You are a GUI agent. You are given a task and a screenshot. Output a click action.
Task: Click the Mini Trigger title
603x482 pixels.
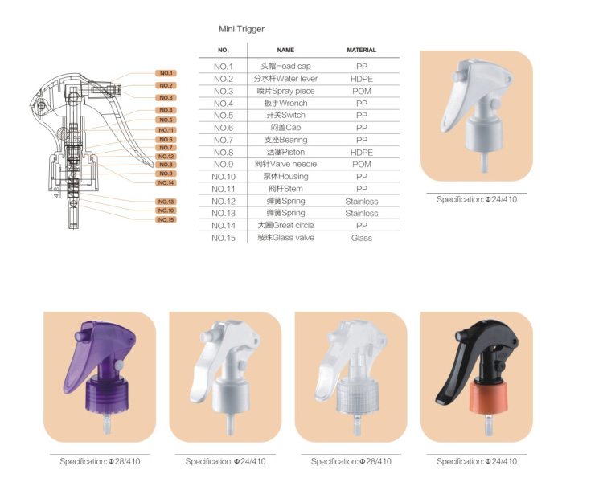(241, 29)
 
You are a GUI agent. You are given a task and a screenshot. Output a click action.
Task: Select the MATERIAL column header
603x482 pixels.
(361, 50)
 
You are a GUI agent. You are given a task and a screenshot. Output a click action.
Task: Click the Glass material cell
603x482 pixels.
(361, 238)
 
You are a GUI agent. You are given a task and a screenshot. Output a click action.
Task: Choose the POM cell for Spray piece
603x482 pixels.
(361, 92)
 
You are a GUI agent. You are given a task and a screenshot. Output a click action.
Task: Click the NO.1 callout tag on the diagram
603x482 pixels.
(166, 73)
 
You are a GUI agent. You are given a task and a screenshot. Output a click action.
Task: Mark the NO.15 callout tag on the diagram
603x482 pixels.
(166, 219)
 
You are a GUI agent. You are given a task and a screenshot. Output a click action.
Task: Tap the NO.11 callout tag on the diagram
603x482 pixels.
(166, 129)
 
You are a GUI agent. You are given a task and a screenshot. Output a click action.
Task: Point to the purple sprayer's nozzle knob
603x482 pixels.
(80, 334)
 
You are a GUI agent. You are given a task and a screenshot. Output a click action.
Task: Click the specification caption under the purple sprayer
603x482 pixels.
(100, 462)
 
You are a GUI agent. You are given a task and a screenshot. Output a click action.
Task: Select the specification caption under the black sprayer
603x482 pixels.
(477, 462)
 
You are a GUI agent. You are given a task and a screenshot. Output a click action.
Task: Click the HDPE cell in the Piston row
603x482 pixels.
(361, 152)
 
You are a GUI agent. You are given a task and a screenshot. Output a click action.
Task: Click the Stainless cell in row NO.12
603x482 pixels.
(361, 201)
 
